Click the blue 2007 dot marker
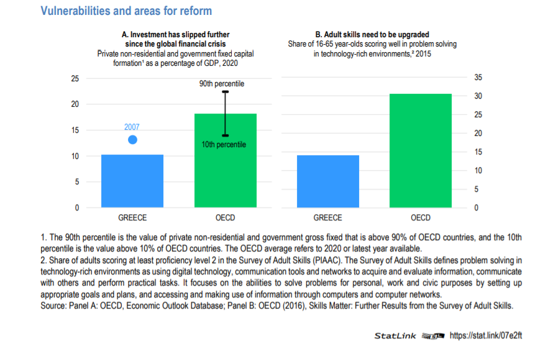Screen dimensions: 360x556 click(132, 140)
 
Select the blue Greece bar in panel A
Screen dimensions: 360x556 click(132, 181)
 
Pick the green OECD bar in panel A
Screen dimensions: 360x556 click(226, 161)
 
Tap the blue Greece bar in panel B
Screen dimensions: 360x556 click(328, 181)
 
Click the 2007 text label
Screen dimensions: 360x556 click(132, 127)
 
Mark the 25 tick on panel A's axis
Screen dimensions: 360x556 click(75, 79)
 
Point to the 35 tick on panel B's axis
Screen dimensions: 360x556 click(478, 78)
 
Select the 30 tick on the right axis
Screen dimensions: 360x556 click(478, 96)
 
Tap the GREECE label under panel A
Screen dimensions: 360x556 click(132, 218)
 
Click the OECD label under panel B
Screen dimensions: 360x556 click(421, 218)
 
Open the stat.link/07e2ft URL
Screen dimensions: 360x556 click(486, 336)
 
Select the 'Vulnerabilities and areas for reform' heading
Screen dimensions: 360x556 click(126, 11)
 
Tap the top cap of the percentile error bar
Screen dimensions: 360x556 click(226, 92)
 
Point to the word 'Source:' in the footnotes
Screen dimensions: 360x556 click(53, 305)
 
